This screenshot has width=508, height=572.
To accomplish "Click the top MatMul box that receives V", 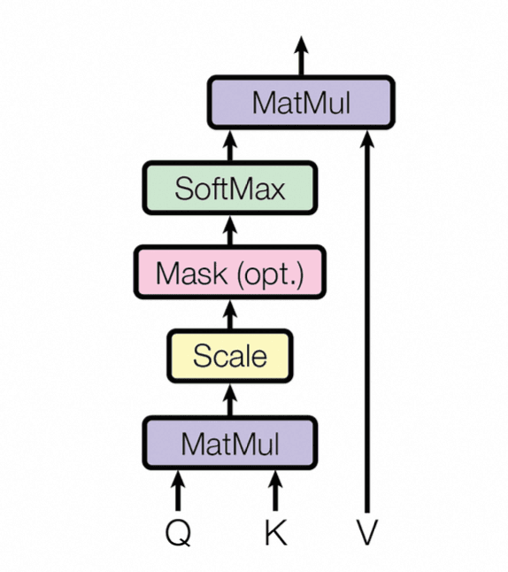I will pos(300,103).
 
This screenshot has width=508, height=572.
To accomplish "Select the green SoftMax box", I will pos(229,188).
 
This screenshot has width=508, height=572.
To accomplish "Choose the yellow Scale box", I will pos(229,357).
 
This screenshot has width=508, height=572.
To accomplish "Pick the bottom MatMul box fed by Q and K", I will pos(229,443).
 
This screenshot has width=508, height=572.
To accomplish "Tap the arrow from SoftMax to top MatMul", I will pos(229,145).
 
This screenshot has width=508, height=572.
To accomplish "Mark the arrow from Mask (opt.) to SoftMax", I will pos(229,231).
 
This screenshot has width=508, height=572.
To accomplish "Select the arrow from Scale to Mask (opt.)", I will pos(229,314).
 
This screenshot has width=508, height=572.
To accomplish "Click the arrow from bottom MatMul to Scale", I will pos(229,400).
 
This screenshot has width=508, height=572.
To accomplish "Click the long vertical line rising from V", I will pos(367,336).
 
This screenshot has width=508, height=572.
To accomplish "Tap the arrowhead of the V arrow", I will pos(367,139).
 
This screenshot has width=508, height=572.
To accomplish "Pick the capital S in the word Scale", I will pos(201,357).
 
